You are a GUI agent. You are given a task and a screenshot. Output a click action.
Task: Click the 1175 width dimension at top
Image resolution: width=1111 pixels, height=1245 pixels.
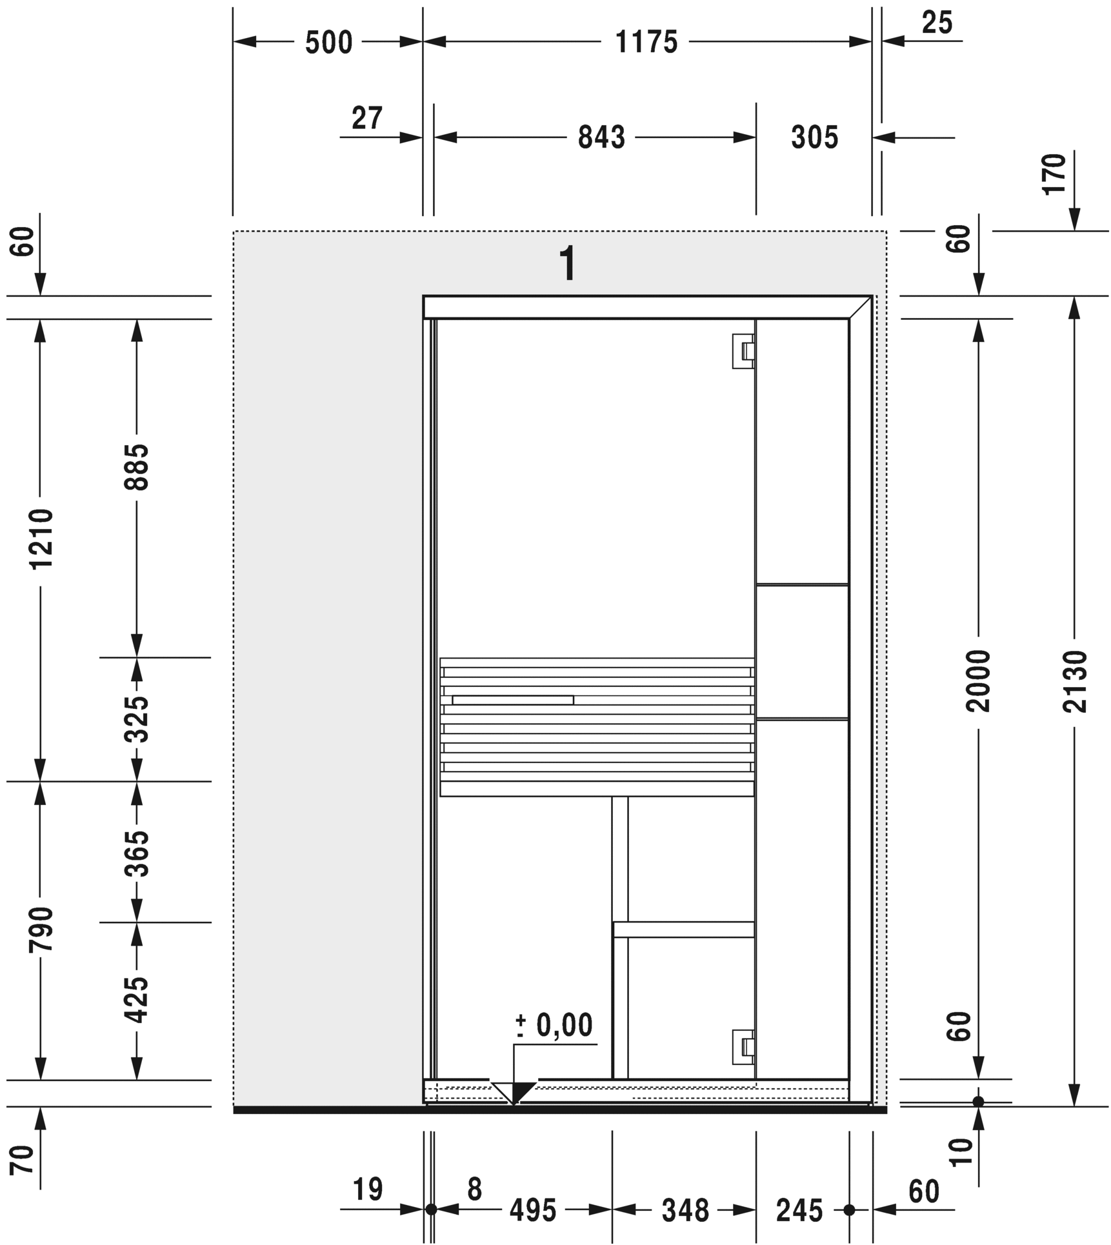click(x=646, y=43)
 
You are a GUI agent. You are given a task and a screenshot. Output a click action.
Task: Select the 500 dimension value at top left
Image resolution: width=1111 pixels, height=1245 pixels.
click(x=328, y=43)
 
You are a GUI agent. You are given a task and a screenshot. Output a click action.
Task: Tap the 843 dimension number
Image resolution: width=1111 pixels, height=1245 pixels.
click(x=601, y=137)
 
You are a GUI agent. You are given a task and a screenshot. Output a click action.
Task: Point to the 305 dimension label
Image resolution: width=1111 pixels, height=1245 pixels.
click(x=814, y=137)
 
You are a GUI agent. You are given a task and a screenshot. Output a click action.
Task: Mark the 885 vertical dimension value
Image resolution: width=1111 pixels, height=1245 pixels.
click(x=137, y=466)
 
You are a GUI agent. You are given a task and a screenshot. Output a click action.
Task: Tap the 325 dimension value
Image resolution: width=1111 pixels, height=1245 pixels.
click(x=137, y=719)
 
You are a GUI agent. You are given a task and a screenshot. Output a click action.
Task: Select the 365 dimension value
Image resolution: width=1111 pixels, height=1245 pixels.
click(x=137, y=853)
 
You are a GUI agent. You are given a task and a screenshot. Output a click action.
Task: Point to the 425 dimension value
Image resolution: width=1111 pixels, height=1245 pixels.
click(x=137, y=1000)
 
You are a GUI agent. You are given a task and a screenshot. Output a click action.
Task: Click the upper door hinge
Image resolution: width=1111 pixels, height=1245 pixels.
click(x=744, y=351)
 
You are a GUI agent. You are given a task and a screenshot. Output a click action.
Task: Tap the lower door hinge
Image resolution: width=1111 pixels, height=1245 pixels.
click(x=744, y=1047)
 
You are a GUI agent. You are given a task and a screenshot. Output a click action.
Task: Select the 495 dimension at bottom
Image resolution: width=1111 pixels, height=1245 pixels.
click(x=532, y=1211)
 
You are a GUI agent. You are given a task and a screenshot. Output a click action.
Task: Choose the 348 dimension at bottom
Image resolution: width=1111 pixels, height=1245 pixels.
click(x=685, y=1211)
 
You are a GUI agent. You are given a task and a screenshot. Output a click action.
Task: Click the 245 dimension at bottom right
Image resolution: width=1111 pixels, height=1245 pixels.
click(x=799, y=1211)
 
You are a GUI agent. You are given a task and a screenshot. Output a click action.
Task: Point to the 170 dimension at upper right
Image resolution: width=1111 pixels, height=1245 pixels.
click(x=1054, y=174)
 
